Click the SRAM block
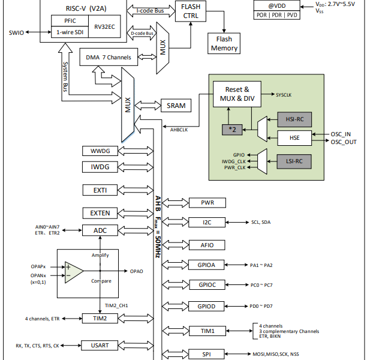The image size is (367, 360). (176, 106)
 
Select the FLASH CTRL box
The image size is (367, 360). (191, 11)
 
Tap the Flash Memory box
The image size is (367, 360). (224, 43)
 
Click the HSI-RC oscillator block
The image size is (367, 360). (294, 119)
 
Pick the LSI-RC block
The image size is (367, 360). (294, 161)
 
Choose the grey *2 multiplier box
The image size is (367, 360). (232, 130)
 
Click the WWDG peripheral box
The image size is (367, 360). (100, 151)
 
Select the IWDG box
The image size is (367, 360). (100, 167)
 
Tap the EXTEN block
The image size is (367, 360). (100, 213)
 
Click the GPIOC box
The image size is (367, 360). (207, 285)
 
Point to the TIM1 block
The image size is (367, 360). (207, 331)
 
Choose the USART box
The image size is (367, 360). (100, 345)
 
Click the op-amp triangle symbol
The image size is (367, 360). (74, 271)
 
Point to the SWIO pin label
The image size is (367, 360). (16, 33)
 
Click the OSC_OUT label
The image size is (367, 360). (344, 142)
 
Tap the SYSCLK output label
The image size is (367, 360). (284, 95)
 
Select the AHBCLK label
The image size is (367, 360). (179, 130)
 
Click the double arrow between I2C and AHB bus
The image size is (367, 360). (175, 222)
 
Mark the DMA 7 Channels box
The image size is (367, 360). (109, 57)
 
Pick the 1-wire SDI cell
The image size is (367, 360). (70, 32)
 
